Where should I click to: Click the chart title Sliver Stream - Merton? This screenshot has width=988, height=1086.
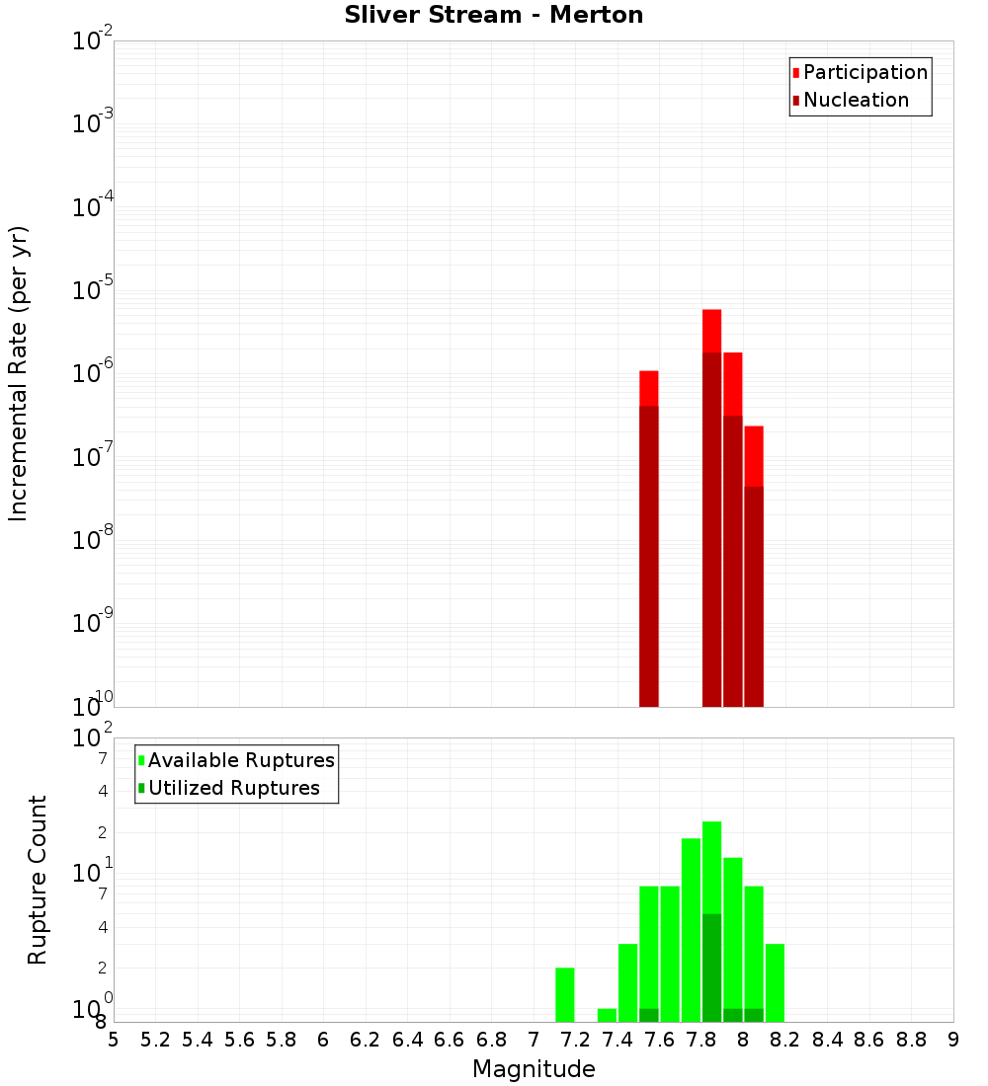[x=494, y=15]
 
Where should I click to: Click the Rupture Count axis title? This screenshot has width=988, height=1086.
[x=38, y=880]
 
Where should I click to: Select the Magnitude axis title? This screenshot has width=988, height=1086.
[x=534, y=1069]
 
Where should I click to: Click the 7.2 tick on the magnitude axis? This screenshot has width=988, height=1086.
[x=575, y=1040]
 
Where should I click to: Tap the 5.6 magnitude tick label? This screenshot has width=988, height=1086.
[x=239, y=1040]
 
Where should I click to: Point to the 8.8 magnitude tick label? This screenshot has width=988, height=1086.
[x=911, y=1040]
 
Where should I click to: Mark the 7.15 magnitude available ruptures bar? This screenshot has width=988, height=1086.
[x=565, y=995]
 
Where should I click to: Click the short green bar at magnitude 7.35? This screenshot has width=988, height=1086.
[x=607, y=1015]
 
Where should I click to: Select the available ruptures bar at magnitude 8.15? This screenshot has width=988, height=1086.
[x=775, y=982]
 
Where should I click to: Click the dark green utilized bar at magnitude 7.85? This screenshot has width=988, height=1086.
[x=711, y=968]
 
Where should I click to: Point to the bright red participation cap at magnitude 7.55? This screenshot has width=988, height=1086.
[x=649, y=388]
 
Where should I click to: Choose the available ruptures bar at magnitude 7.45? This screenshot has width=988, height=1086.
[x=627, y=982]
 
